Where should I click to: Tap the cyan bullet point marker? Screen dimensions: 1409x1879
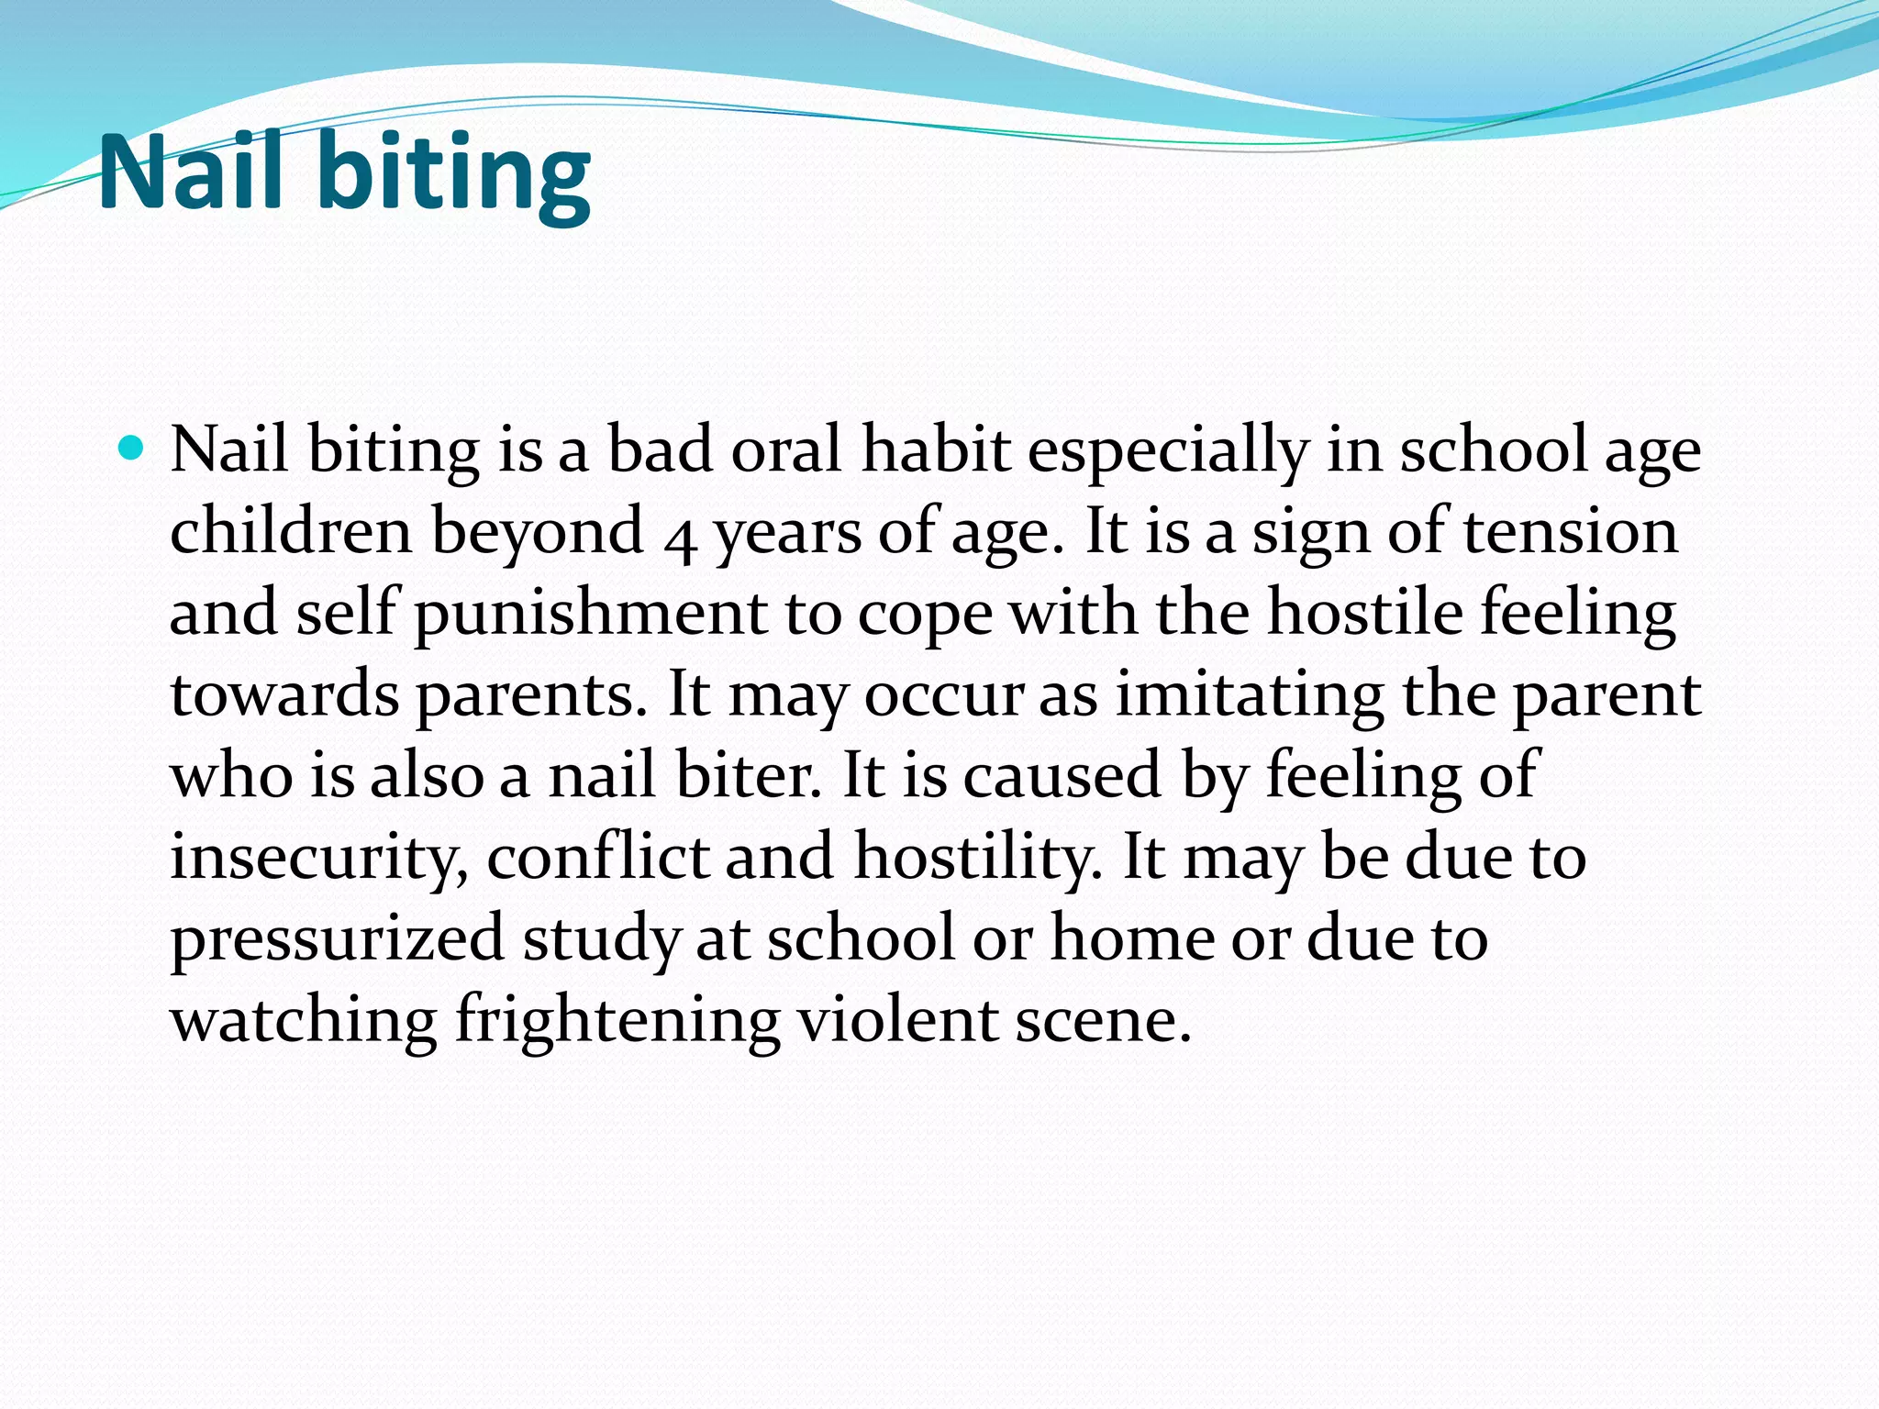click(x=132, y=449)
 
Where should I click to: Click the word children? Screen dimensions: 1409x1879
click(x=291, y=531)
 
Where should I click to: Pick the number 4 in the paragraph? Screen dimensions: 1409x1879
click(x=679, y=538)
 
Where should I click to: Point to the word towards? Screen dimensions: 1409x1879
click(x=284, y=694)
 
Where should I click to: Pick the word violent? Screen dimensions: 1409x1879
click(x=897, y=1019)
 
